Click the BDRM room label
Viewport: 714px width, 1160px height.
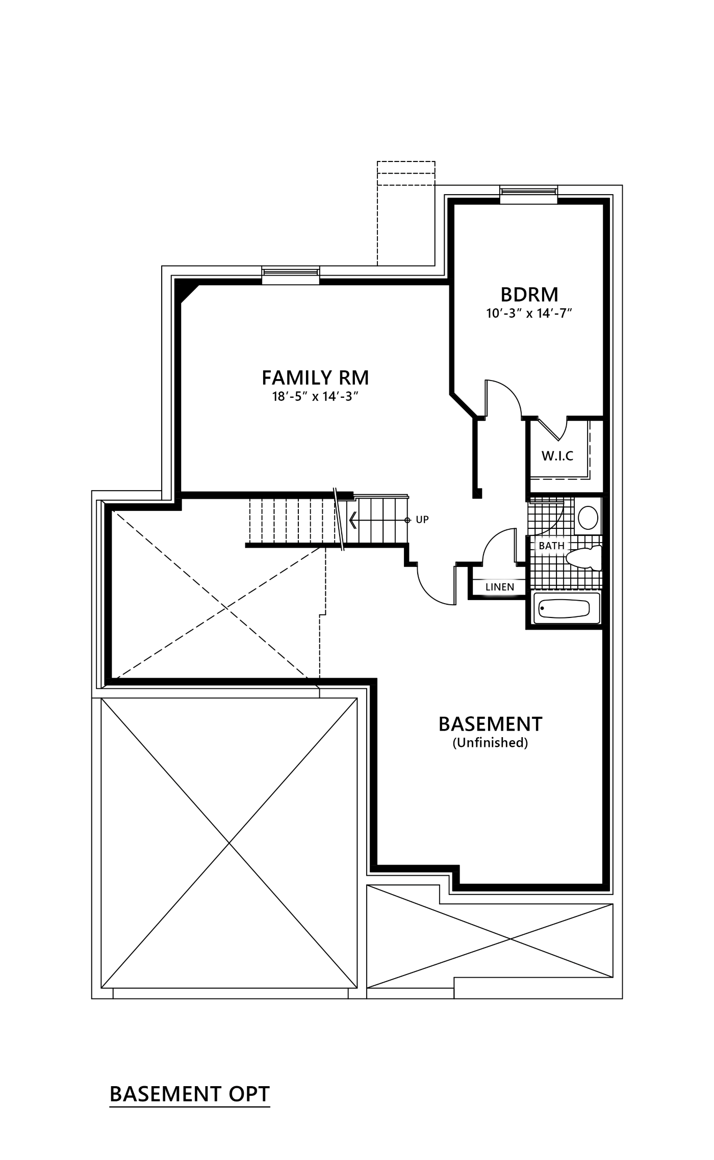point(529,294)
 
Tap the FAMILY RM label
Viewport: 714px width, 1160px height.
point(315,378)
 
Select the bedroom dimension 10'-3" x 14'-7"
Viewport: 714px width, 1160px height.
point(529,313)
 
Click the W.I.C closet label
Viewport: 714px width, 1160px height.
point(557,455)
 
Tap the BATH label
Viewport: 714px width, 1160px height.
point(552,546)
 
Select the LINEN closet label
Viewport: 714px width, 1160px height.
point(500,587)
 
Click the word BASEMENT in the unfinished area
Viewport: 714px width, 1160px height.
point(491,724)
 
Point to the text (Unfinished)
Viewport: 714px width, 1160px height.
point(490,743)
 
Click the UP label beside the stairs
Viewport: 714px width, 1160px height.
point(422,520)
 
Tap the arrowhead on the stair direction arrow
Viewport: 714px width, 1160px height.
point(352,520)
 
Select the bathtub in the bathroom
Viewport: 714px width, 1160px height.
point(567,608)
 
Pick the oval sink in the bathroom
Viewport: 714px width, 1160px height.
point(589,518)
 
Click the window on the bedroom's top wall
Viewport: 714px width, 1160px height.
point(528,195)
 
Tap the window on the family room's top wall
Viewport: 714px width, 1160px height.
point(291,275)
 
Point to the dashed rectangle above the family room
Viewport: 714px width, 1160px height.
point(406,213)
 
